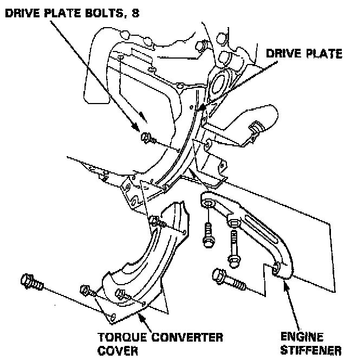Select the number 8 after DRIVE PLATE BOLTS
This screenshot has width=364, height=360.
[135, 12]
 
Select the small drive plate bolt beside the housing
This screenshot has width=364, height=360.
[147, 139]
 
